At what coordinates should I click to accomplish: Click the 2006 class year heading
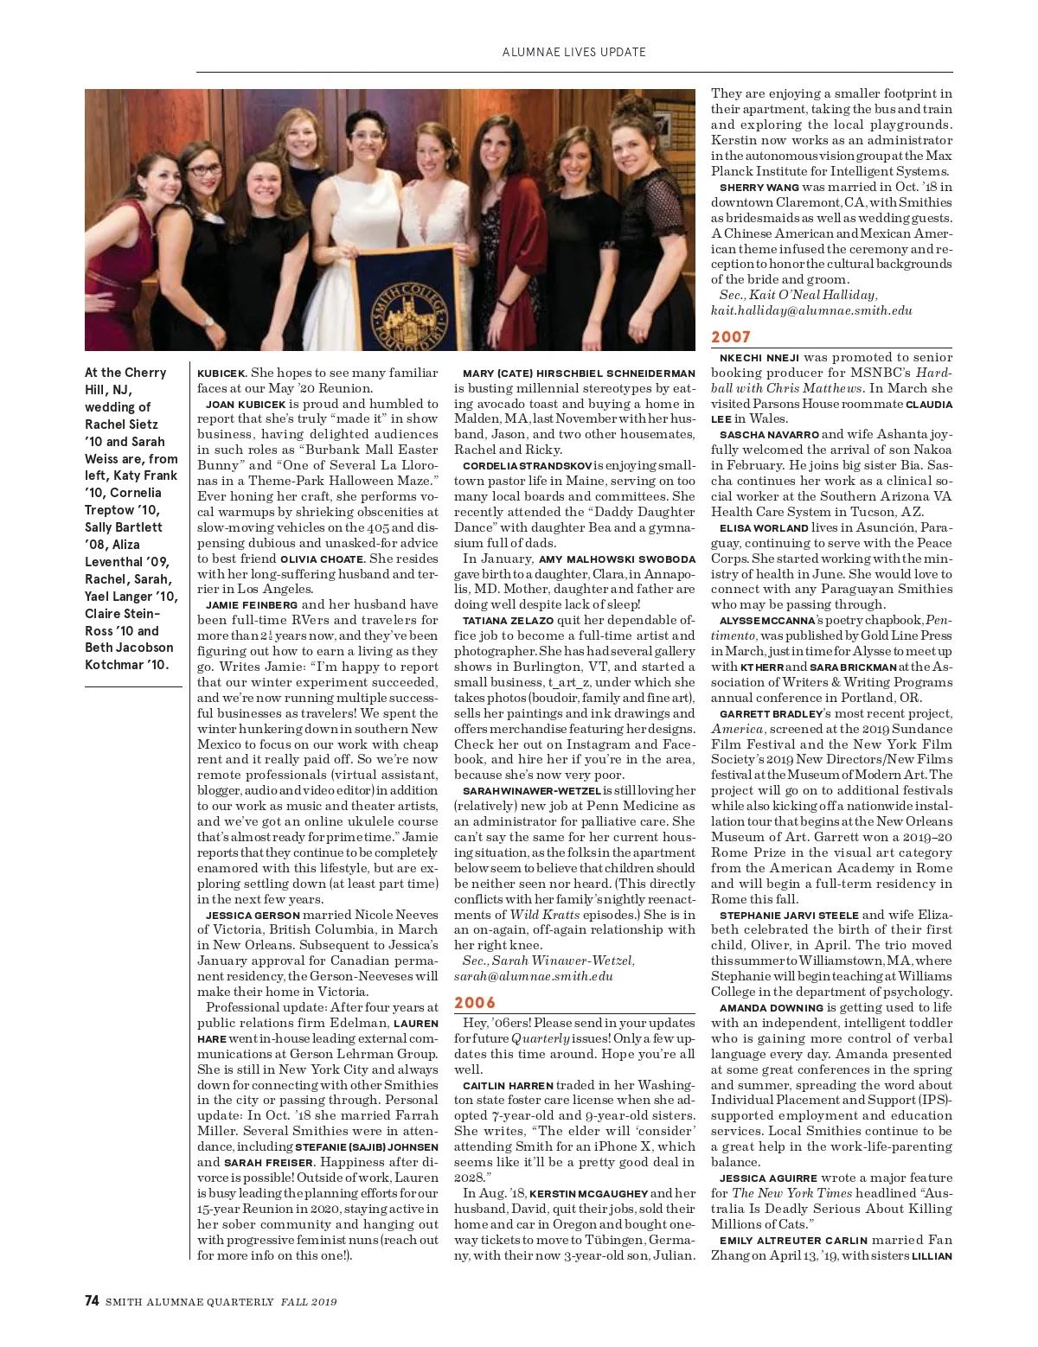click(x=475, y=1003)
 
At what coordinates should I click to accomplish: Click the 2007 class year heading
click(x=731, y=337)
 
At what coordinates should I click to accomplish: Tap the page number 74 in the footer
click(x=92, y=1300)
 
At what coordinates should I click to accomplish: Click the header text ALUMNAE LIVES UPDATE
click(x=573, y=52)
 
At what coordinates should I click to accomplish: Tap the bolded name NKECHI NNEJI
click(x=759, y=358)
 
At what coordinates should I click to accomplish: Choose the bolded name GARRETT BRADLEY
click(x=771, y=714)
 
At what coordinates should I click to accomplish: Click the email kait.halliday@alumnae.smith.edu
click(x=811, y=310)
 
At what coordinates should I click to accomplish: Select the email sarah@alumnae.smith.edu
click(x=534, y=976)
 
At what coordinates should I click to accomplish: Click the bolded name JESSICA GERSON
click(x=253, y=915)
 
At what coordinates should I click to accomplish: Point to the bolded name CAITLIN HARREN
click(x=508, y=1086)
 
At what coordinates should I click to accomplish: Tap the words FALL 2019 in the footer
click(x=309, y=1302)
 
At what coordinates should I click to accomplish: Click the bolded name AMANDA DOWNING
click(x=771, y=1008)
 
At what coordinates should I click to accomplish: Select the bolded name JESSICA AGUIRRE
click(x=768, y=1178)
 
